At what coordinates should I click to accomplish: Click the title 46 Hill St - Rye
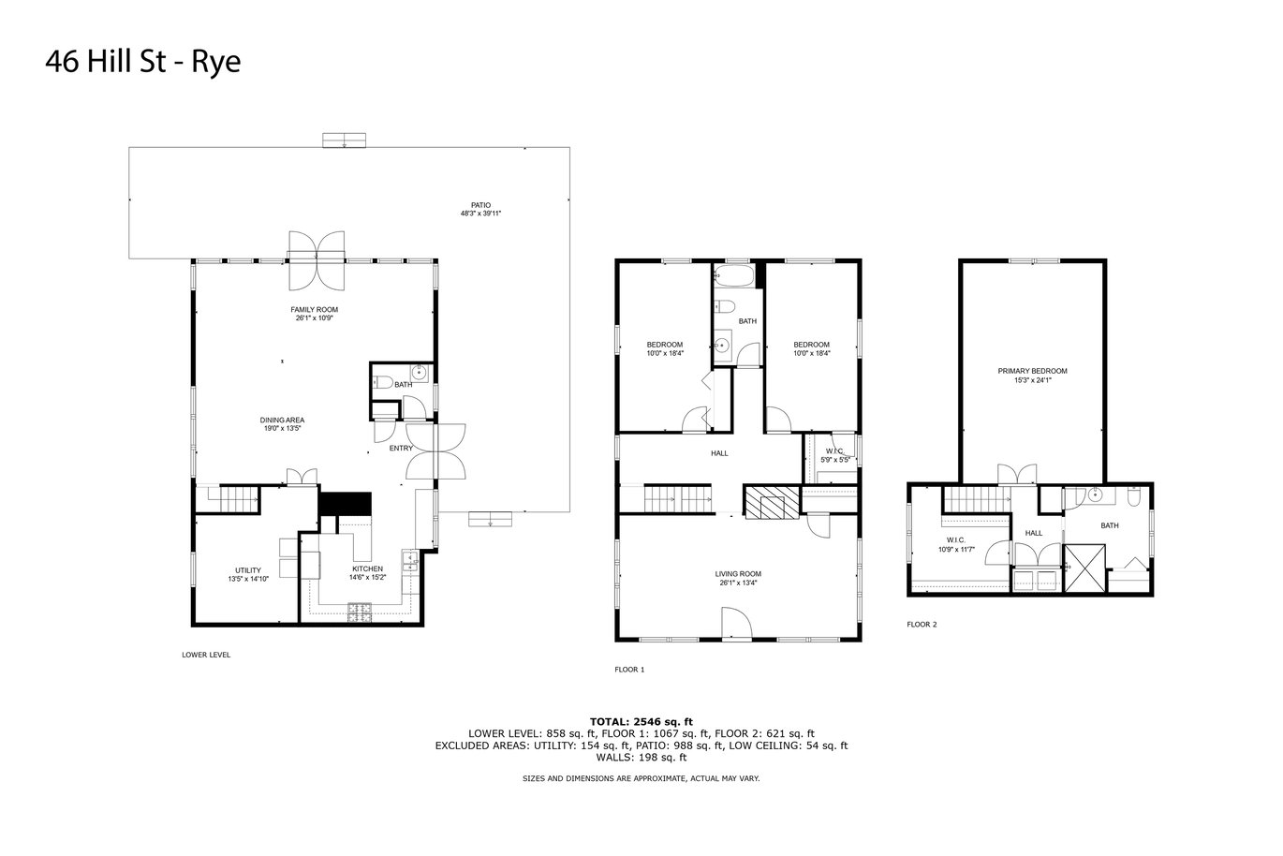143,62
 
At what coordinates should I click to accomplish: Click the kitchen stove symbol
360,612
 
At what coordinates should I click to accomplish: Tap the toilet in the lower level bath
382,381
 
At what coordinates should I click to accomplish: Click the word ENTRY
401,448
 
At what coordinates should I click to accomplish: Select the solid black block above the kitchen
346,504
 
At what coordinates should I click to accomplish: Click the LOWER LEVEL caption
206,655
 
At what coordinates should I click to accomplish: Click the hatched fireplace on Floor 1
772,503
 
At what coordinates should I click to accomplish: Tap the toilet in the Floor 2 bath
1134,496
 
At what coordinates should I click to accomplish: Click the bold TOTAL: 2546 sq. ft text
641,721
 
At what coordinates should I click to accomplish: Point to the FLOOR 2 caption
922,625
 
